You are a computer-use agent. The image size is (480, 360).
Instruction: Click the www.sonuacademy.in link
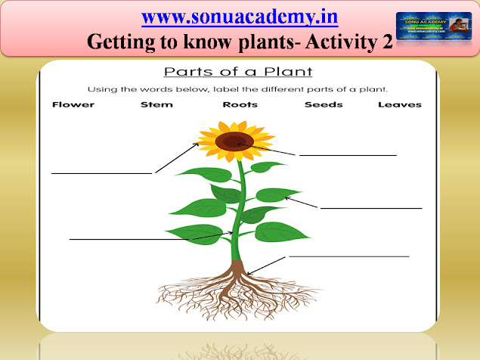pyautogui.click(x=240, y=16)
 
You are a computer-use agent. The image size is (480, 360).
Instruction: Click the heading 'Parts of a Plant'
pyautogui.click(x=240, y=73)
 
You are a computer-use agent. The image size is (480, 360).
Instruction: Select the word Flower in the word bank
pyautogui.click(x=73, y=104)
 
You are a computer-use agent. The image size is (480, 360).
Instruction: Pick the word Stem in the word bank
pyautogui.click(x=156, y=104)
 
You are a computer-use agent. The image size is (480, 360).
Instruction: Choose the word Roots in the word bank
pyautogui.click(x=240, y=104)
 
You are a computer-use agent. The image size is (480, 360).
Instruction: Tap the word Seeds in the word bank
pyautogui.click(x=324, y=104)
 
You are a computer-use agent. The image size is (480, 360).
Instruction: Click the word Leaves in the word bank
pyautogui.click(x=399, y=104)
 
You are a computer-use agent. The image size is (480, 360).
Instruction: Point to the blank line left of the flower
pyautogui.click(x=101, y=172)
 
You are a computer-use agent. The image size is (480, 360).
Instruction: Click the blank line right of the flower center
pyautogui.click(x=348, y=155)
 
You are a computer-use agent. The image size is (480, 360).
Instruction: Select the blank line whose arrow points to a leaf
pyautogui.click(x=371, y=207)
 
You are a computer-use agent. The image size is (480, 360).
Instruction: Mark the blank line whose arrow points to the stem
pyautogui.click(x=136, y=239)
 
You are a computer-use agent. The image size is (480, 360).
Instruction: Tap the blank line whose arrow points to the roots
pyautogui.click(x=348, y=256)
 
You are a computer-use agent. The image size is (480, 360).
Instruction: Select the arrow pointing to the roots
pyautogui.click(x=266, y=264)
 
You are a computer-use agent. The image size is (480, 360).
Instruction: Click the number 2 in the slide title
pyautogui.click(x=386, y=42)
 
